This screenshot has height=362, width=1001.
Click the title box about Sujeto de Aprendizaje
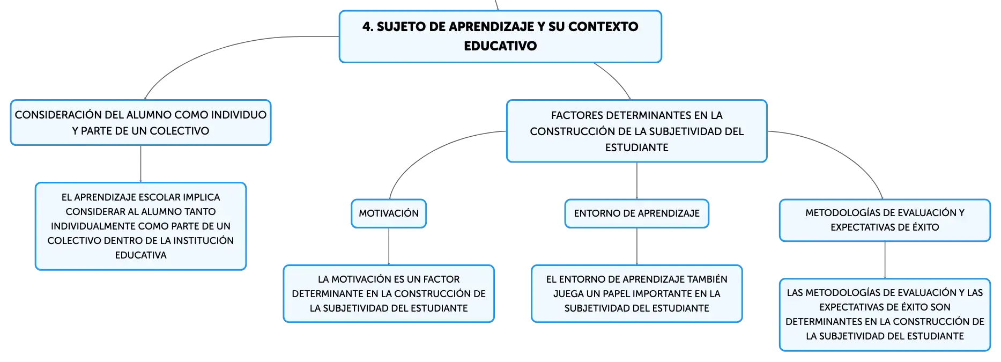tap(500, 36)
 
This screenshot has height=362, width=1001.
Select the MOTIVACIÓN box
tap(389, 213)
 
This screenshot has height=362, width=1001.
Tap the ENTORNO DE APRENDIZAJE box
tap(636, 213)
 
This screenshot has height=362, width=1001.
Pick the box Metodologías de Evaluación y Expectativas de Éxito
tap(885, 220)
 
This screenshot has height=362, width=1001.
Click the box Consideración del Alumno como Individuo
tap(140, 123)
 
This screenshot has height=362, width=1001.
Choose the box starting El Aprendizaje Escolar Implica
tap(140, 226)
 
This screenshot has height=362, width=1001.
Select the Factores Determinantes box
tap(636, 131)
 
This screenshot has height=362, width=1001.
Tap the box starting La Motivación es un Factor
tap(389, 294)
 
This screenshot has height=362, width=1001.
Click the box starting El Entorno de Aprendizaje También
tap(636, 294)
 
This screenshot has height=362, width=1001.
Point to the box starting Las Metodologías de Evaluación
tap(885, 315)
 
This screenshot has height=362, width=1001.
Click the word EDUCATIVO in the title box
tap(500, 46)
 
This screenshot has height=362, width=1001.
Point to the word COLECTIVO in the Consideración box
tap(179, 131)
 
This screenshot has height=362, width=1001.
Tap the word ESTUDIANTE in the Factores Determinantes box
tap(636, 147)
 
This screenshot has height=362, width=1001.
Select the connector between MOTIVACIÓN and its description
tap(389, 247)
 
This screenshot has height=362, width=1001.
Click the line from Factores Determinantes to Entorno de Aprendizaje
tap(636, 181)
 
